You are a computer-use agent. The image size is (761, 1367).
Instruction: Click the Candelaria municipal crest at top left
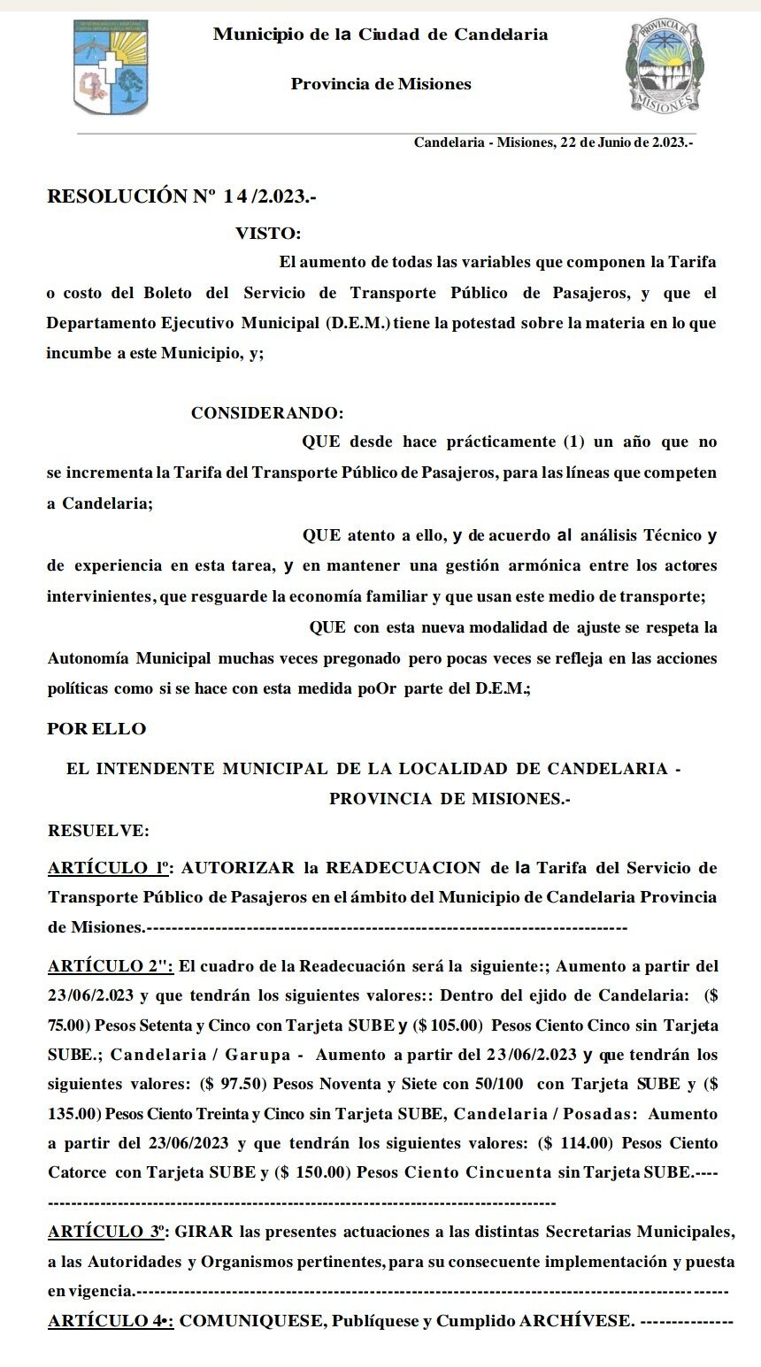tap(110, 67)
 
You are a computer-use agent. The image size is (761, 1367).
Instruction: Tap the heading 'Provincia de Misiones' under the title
tap(380, 85)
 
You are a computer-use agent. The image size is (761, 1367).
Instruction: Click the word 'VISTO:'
tap(268, 234)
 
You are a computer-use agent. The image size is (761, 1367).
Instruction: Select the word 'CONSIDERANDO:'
tap(267, 413)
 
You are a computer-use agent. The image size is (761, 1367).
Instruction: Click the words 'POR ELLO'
tap(96, 729)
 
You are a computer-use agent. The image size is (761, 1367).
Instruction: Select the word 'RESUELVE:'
tap(98, 831)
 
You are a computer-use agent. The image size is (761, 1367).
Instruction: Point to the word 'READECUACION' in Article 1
tap(403, 868)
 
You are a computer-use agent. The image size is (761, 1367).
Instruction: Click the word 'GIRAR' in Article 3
tap(207, 1232)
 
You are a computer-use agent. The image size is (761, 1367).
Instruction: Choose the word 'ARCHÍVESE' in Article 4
tap(576, 1321)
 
